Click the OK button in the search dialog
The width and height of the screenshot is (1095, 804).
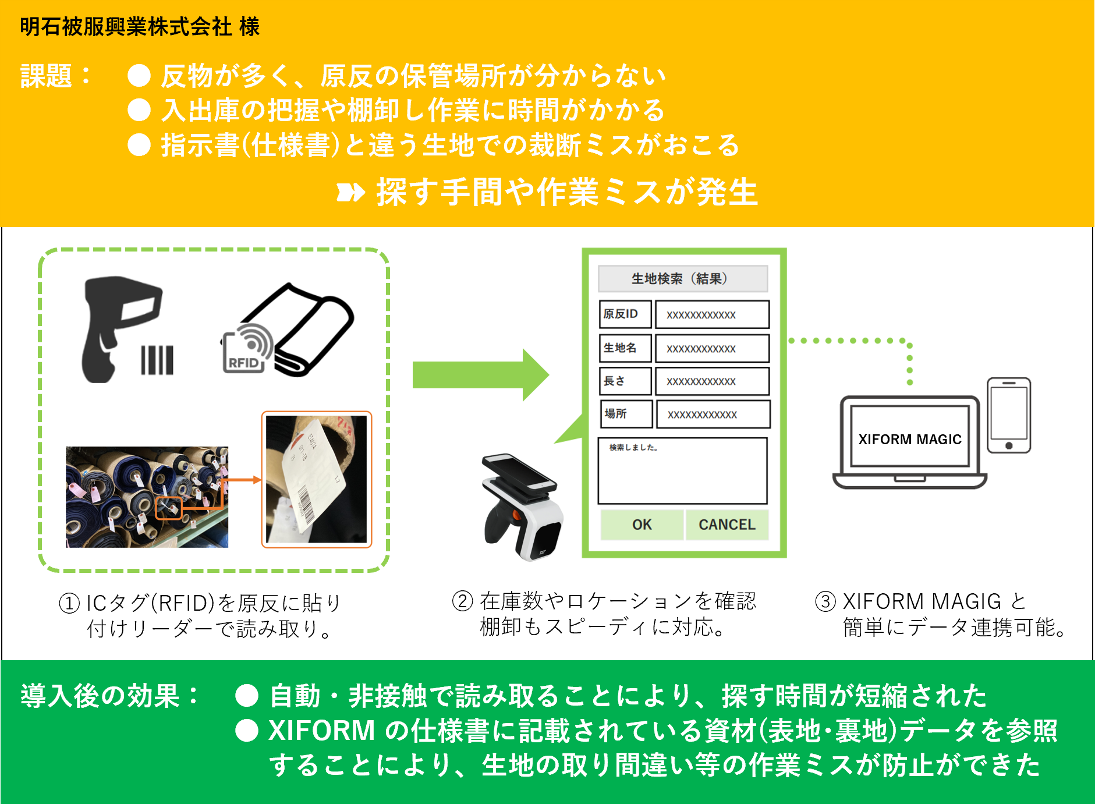pyautogui.click(x=642, y=525)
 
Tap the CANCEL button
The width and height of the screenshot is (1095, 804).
pyautogui.click(x=727, y=525)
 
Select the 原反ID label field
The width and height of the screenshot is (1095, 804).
pyautogui.click(x=625, y=314)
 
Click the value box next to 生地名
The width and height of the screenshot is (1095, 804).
pyautogui.click(x=712, y=348)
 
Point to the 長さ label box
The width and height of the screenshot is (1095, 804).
pyautogui.click(x=625, y=381)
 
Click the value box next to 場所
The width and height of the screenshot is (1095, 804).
pyautogui.click(x=713, y=414)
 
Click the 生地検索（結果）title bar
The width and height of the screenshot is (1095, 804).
pyautogui.click(x=682, y=278)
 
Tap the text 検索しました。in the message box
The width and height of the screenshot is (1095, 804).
pyautogui.click(x=633, y=447)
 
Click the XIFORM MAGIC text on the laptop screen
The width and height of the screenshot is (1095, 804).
pyautogui.click(x=909, y=439)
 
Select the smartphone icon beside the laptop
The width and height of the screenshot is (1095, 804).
pyautogui.click(x=1009, y=415)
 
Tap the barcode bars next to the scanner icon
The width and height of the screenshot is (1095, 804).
pyautogui.click(x=157, y=360)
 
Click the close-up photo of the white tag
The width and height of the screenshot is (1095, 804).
pyautogui.click(x=316, y=479)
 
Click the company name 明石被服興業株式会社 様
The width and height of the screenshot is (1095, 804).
pyautogui.click(x=139, y=27)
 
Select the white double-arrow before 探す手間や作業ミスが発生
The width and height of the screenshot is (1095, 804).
pyautogui.click(x=350, y=192)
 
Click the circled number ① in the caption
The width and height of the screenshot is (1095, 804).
pyautogui.click(x=69, y=603)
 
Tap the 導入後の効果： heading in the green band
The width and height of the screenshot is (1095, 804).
pyautogui.click(x=109, y=695)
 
